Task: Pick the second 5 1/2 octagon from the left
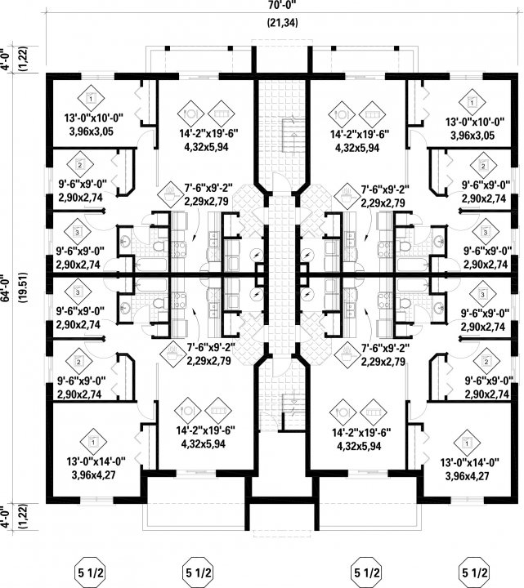tap(196, 570)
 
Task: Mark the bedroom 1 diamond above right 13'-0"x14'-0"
tap(468, 442)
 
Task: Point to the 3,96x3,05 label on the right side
tap(468, 134)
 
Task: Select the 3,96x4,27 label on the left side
tap(91, 474)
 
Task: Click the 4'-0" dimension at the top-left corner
tap(8, 62)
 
